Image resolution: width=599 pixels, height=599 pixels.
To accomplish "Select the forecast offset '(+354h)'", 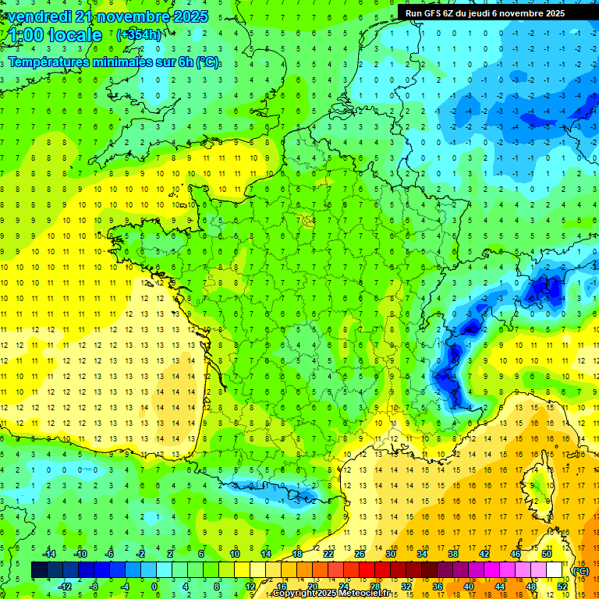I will pyautogui.click(x=139, y=34).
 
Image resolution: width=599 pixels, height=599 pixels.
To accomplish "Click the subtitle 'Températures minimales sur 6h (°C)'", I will pyautogui.click(x=114, y=62).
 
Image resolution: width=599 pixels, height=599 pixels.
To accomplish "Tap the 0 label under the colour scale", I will pyautogui.click(x=154, y=586).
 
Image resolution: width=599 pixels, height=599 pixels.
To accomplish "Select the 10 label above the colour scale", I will pyautogui.click(x=234, y=554).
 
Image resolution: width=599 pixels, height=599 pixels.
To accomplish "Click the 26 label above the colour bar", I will pyautogui.click(x=360, y=554).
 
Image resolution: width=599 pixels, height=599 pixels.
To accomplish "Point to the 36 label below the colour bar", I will pyautogui.click(x=437, y=586).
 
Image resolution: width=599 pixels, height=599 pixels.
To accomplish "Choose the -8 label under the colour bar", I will pyautogui.click(x=94, y=586).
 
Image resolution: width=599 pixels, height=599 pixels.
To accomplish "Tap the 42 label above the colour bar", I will pyautogui.click(x=484, y=554).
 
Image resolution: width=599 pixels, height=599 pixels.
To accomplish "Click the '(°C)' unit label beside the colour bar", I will pyautogui.click(x=580, y=571).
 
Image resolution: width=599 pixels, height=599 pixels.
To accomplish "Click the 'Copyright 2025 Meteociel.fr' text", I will pyautogui.click(x=321, y=594).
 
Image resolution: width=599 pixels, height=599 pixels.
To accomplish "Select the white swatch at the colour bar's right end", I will pyautogui.click(x=555, y=570).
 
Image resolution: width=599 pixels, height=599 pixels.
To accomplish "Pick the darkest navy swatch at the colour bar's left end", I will pyautogui.click(x=39, y=570).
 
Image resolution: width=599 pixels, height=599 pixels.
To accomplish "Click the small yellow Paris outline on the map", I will pyautogui.click(x=306, y=220).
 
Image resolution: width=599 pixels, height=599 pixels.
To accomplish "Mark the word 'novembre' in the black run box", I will pyautogui.click(x=526, y=12).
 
